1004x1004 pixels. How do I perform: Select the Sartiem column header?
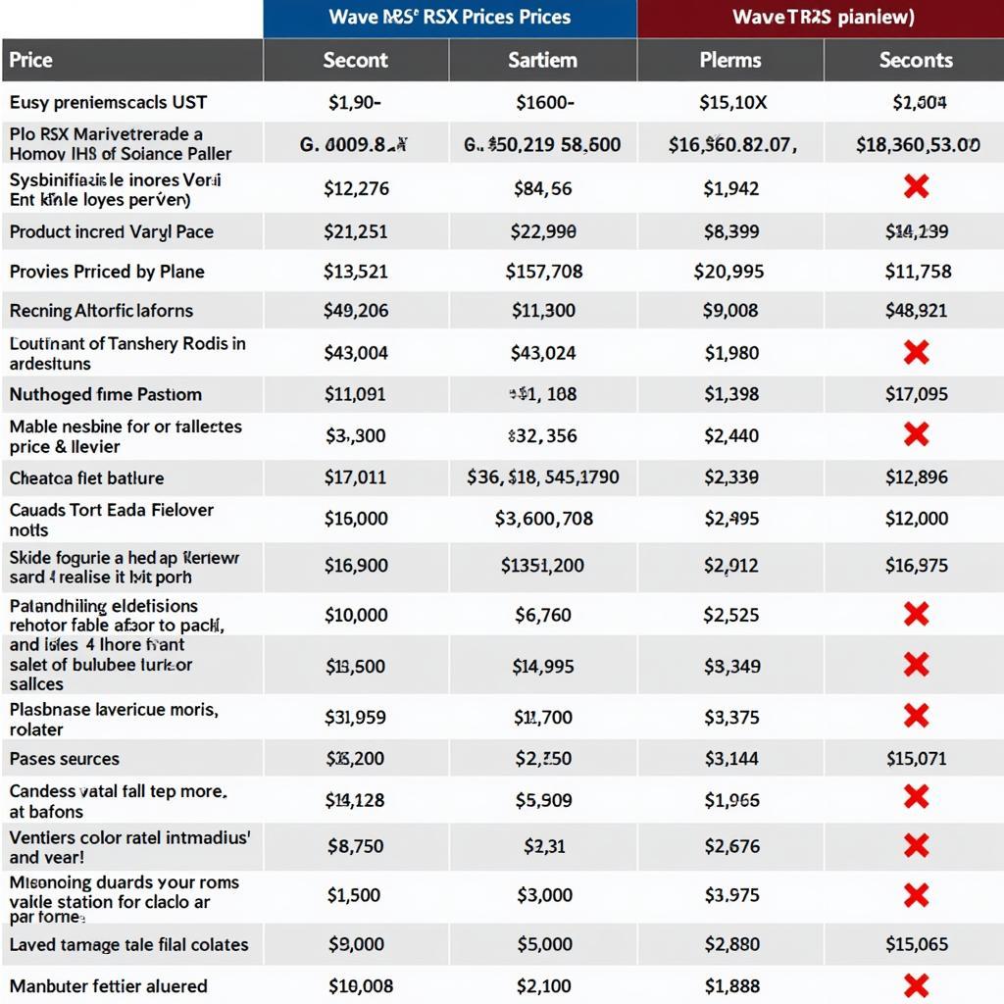click(542, 60)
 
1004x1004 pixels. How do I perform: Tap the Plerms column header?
click(730, 60)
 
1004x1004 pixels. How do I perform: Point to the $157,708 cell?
click(543, 272)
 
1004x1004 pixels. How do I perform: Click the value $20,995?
click(730, 272)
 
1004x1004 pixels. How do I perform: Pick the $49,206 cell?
click(355, 311)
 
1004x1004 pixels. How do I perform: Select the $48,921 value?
click(916, 311)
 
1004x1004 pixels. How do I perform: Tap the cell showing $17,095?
click(916, 394)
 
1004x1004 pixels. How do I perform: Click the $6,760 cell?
click(543, 615)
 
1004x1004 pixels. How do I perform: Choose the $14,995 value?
click(543, 666)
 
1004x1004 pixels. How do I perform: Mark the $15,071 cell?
click(916, 758)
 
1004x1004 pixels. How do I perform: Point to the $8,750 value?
click(355, 845)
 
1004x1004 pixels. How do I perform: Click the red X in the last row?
click(916, 985)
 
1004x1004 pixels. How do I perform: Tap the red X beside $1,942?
click(916, 187)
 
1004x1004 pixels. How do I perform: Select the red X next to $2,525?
click(916, 615)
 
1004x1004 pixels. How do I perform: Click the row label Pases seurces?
click(64, 758)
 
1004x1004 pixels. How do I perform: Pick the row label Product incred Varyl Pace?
click(111, 232)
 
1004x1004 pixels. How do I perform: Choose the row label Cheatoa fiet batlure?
click(86, 477)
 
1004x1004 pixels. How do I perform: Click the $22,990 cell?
click(543, 232)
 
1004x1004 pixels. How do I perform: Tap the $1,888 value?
click(730, 985)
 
